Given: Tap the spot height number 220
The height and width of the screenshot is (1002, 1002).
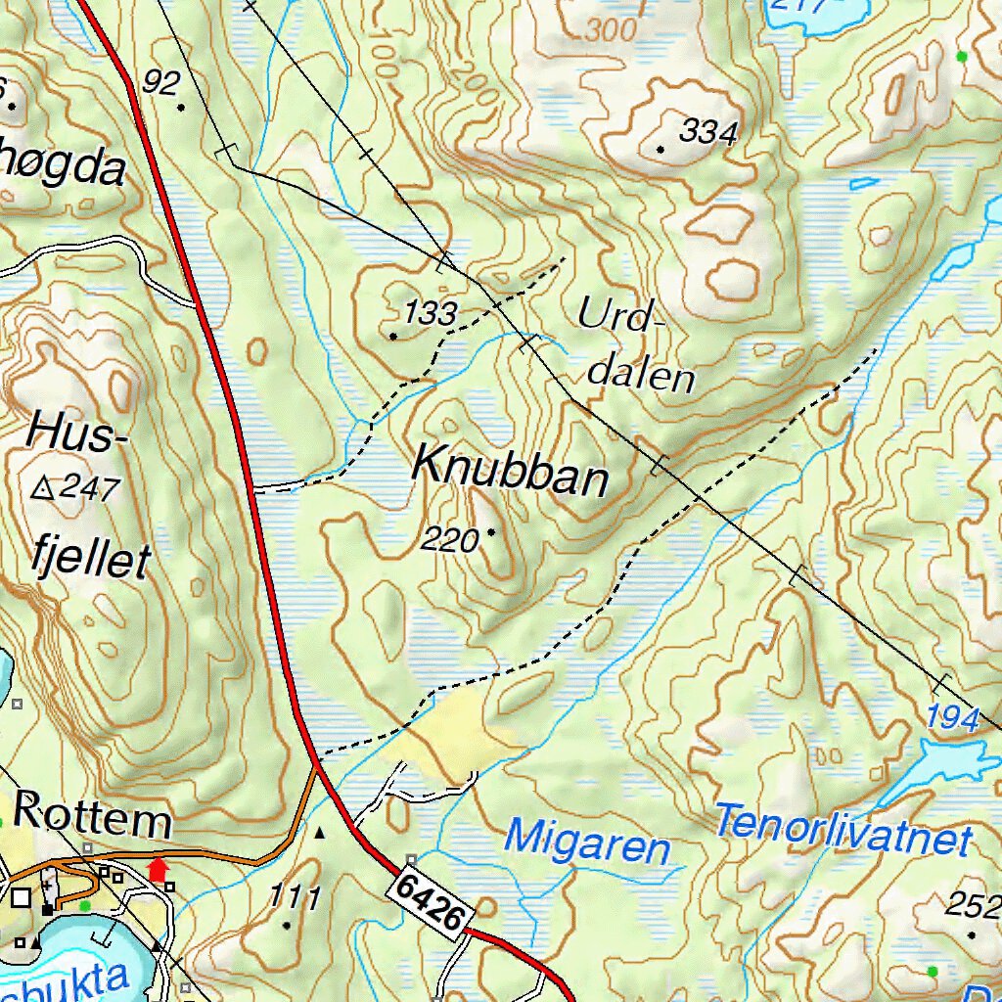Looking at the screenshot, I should point(451,539).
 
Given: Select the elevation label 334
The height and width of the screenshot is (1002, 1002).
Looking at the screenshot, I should point(706,132).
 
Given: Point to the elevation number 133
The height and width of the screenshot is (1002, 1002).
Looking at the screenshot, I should point(431,314).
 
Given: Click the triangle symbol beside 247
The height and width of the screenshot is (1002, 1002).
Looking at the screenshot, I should point(43,488).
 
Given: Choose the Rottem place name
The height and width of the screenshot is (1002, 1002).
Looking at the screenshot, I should point(93,815).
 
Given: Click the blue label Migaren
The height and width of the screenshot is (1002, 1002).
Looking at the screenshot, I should point(588,843).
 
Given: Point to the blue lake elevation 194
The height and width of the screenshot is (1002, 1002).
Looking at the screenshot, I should point(954,719).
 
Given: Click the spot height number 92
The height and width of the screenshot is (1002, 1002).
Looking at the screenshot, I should point(160,82).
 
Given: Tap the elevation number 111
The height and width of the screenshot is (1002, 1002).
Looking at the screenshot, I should point(295,897).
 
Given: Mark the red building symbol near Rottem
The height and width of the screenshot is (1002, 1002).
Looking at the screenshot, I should point(157,867).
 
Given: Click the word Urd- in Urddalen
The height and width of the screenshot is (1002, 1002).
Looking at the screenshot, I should point(620,316).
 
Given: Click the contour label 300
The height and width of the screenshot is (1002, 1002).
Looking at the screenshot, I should point(612,31).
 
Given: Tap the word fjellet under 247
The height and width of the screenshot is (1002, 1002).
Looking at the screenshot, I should point(90,560).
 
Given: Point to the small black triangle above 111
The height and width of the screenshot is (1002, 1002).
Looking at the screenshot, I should point(319,833).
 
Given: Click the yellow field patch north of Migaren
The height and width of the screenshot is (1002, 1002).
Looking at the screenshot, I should point(455,734).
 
